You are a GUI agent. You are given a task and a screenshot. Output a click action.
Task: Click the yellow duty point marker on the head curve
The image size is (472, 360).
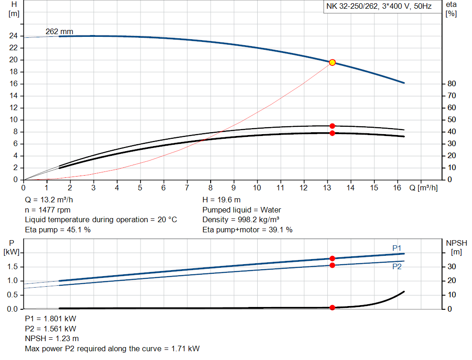332,62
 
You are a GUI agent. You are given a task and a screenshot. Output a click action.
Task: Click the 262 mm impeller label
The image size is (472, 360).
59,31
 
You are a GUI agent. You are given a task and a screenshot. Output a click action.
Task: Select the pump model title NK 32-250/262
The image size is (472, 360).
378,7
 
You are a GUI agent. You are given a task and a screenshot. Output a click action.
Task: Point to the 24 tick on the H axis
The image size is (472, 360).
14,36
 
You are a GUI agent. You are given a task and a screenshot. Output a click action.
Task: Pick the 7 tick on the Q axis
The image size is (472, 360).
187,188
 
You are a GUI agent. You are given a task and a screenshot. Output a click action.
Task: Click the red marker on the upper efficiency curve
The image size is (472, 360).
332,126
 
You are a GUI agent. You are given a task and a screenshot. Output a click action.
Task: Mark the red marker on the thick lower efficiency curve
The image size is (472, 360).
332,133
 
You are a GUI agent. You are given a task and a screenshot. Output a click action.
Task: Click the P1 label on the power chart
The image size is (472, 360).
396,248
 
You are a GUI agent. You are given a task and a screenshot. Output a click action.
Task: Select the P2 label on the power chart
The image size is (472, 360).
396,266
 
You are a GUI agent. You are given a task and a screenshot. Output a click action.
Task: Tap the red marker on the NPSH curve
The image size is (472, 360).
332,307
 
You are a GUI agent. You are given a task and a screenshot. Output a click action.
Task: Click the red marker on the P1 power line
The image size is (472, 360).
332,259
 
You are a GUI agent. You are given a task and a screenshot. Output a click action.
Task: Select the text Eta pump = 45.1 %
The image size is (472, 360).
58,230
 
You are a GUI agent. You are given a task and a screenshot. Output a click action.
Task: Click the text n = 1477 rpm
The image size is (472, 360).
47,210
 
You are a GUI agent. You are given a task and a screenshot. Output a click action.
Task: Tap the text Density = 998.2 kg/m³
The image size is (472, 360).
241,219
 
